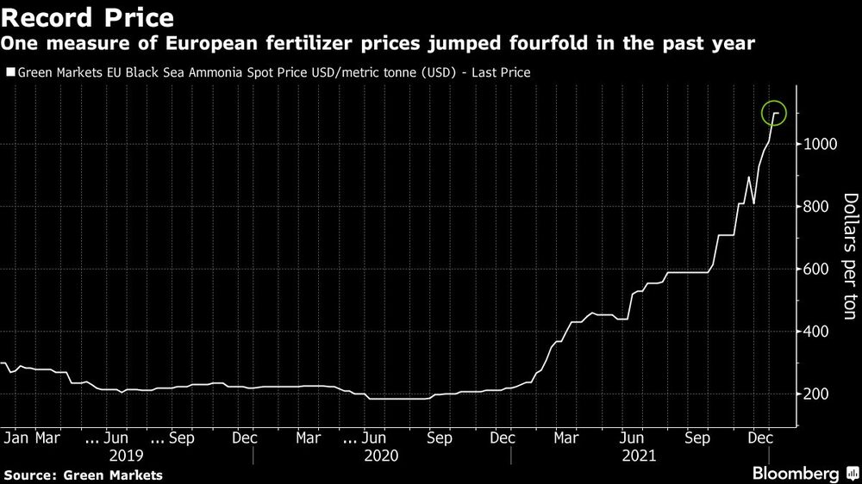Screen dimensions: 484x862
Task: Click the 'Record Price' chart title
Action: pyautogui.click(x=89, y=16)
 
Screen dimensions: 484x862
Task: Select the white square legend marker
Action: pyautogui.click(x=9, y=73)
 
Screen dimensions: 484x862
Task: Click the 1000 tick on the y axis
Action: pyautogui.click(x=820, y=145)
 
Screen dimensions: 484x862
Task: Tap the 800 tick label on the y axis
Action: pyautogui.click(x=816, y=207)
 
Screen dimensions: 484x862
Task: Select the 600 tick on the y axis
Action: pyautogui.click(x=816, y=270)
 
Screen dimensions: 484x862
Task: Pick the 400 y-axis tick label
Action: pyautogui.click(x=816, y=332)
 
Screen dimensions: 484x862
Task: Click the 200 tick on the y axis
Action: pyautogui.click(x=816, y=394)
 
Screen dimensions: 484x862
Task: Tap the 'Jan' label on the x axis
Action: pyautogui.click(x=17, y=437)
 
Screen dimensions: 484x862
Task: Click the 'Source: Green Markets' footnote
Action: pyautogui.click(x=83, y=474)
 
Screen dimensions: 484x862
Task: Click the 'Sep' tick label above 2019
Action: pyautogui.click(x=180, y=437)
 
